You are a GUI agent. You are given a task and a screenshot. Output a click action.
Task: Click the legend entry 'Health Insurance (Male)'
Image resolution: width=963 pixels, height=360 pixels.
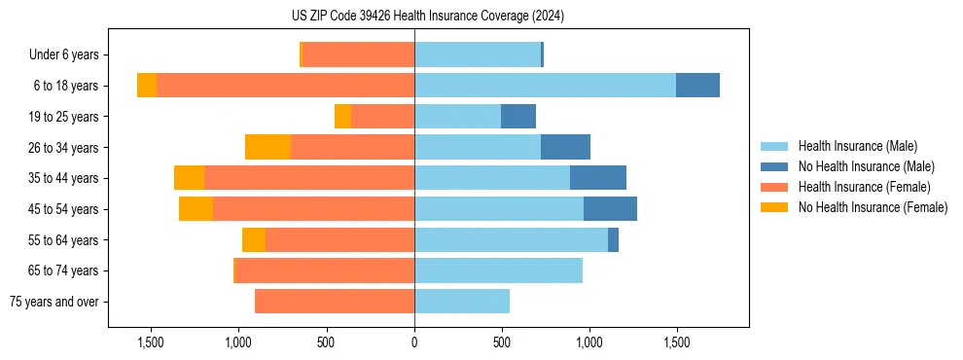point(857,146)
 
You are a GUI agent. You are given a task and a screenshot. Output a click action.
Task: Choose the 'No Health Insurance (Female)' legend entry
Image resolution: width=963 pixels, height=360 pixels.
point(873,207)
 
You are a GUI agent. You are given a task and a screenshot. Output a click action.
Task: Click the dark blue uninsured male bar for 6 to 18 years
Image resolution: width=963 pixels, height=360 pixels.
point(697,86)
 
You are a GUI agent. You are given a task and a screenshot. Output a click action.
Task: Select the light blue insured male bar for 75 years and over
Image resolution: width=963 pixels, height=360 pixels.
point(462,302)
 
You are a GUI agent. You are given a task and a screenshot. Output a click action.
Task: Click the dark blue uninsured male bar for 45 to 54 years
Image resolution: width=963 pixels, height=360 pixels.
point(610,209)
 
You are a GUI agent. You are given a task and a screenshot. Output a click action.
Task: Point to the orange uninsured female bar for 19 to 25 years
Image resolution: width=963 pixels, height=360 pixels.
point(342,117)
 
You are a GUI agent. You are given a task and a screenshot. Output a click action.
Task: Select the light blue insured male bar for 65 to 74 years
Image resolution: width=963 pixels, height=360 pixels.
point(498,270)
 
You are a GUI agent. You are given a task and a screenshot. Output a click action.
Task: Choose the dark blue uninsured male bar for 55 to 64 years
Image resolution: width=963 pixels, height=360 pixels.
point(613,239)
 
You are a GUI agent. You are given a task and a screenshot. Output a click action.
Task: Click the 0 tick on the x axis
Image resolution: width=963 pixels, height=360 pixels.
point(414,342)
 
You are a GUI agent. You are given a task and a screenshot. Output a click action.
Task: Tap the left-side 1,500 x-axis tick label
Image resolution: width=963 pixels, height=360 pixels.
point(151,342)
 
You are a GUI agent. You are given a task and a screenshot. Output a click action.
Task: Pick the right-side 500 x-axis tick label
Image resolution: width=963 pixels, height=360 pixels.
point(502,342)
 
